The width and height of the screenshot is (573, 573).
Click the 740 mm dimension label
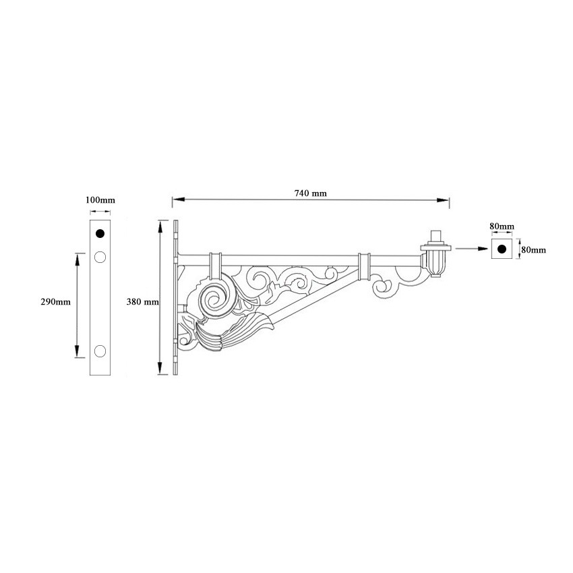[310, 193]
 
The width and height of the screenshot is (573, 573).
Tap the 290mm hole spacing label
[56, 302]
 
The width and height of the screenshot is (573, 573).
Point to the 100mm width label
[100, 201]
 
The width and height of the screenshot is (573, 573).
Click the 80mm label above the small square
[502, 226]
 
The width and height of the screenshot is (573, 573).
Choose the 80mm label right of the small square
[534, 249]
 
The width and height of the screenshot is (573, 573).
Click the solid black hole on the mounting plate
[100, 234]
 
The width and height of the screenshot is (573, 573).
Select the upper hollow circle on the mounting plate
[100, 257]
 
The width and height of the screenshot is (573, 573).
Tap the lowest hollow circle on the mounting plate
[100, 351]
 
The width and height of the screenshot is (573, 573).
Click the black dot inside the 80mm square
[501, 249]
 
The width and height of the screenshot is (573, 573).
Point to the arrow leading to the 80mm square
[471, 249]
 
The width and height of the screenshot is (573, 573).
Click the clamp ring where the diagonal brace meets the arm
[365, 266]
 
